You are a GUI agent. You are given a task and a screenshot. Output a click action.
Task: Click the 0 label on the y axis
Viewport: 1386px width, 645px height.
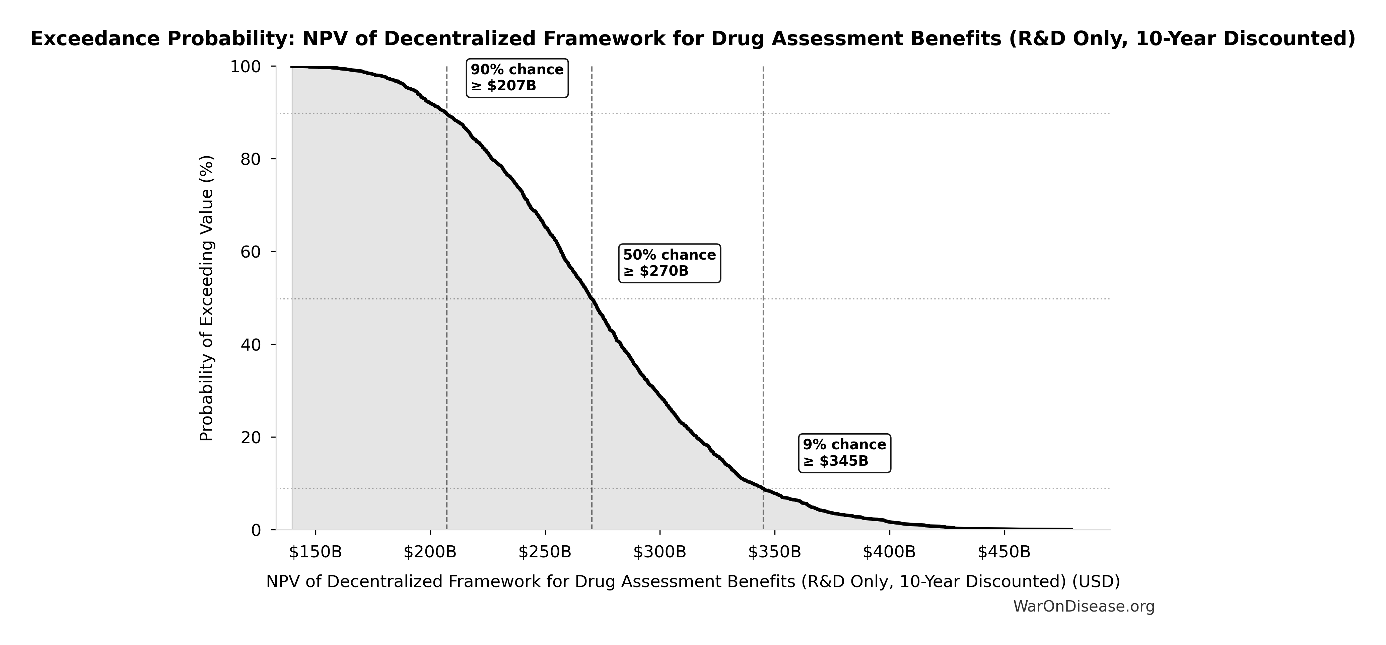[256, 530]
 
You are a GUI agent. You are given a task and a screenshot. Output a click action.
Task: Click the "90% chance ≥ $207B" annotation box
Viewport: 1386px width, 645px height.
[517, 78]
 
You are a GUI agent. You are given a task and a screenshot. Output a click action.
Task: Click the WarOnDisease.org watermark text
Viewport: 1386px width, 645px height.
[1084, 606]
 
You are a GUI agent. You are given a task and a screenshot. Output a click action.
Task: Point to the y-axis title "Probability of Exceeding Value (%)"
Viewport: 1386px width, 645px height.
[207, 298]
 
